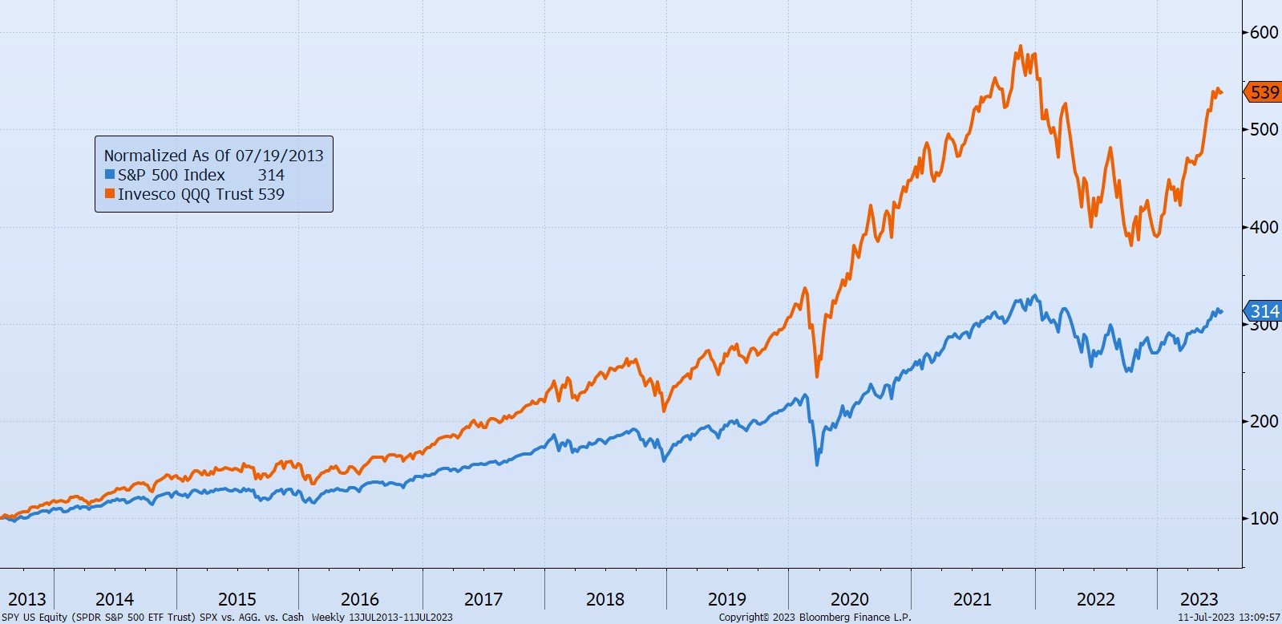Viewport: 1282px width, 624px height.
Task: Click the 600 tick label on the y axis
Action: point(1264,32)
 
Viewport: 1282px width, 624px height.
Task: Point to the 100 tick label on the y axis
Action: point(1264,518)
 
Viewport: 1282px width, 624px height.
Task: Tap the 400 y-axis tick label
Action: point(1264,227)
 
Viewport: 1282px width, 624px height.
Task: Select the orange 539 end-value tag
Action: point(1264,92)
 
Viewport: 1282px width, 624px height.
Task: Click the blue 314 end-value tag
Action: point(1264,311)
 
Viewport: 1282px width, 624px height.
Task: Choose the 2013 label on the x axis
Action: point(26,599)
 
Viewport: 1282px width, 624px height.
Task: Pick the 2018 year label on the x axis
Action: point(605,599)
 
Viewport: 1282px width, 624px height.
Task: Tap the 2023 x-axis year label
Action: point(1199,599)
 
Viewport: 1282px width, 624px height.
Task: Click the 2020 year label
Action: point(850,599)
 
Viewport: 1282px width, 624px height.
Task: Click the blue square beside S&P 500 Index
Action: point(110,174)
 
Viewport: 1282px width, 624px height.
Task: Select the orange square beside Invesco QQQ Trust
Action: point(110,193)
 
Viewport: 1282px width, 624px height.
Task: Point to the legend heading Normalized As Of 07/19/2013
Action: point(213,156)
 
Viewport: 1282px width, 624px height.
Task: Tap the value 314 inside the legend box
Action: point(271,175)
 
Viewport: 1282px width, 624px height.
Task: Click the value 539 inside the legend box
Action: point(271,194)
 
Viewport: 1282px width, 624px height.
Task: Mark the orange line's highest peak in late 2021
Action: point(1020,47)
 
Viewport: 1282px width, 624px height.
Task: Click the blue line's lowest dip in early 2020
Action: point(817,464)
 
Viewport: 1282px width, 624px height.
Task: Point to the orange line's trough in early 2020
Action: point(817,376)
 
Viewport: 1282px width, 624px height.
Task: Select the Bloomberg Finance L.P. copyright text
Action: point(815,618)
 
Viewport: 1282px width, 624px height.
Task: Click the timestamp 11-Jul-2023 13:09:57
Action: point(1229,618)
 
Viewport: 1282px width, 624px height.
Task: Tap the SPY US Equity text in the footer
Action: point(34,618)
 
